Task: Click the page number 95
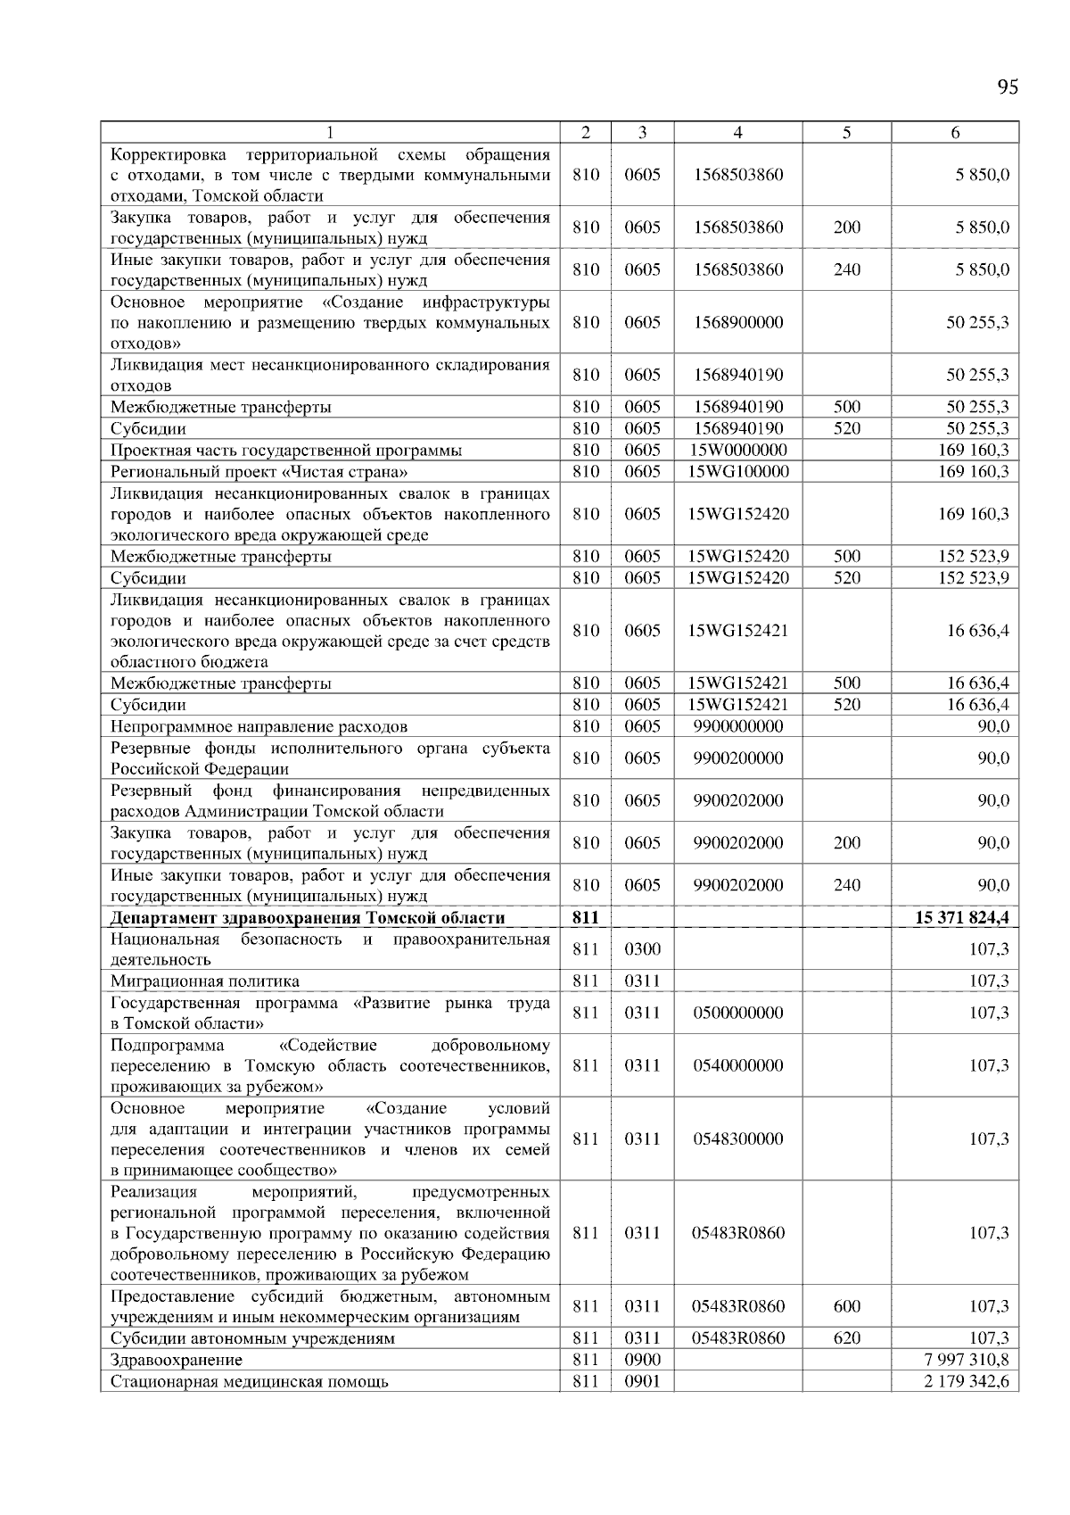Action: (x=1008, y=87)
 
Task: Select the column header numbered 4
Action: (x=737, y=133)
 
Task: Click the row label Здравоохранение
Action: (x=177, y=1361)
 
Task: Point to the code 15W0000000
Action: (x=737, y=450)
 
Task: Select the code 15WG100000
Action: (x=738, y=471)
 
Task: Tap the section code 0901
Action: (x=642, y=1382)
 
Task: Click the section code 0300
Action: (x=642, y=949)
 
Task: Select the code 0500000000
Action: (x=737, y=1013)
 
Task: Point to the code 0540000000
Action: (x=737, y=1065)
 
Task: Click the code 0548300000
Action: (x=737, y=1139)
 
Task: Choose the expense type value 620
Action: (x=846, y=1338)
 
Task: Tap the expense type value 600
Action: (x=846, y=1307)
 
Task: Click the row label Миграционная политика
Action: (x=205, y=981)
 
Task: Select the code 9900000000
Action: (x=737, y=726)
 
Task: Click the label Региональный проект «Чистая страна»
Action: (x=259, y=471)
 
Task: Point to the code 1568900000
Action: (x=737, y=322)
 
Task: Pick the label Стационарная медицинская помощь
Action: (x=250, y=1382)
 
